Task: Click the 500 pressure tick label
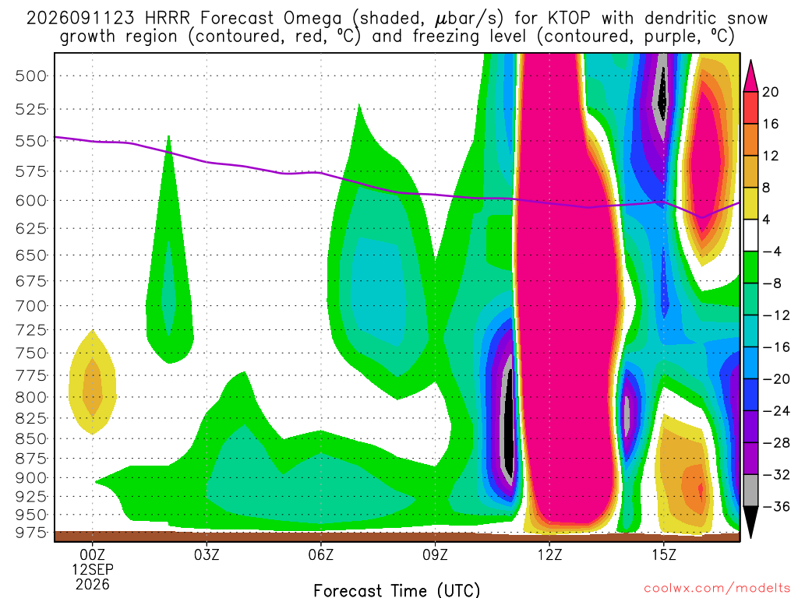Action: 30,76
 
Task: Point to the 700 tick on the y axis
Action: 30,306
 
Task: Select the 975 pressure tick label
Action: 30,533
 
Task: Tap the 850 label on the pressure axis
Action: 30,438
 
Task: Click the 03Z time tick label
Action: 207,554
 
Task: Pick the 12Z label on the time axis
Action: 549,554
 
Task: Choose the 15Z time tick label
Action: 664,554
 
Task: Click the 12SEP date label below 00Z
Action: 92,569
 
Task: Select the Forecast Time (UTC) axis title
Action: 397,590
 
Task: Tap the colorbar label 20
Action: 770,92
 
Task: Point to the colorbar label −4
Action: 772,252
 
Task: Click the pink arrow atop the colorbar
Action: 750,76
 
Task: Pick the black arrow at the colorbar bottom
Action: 750,522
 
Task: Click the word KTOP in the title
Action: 569,19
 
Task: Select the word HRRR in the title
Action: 167,19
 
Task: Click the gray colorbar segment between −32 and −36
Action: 750,491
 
